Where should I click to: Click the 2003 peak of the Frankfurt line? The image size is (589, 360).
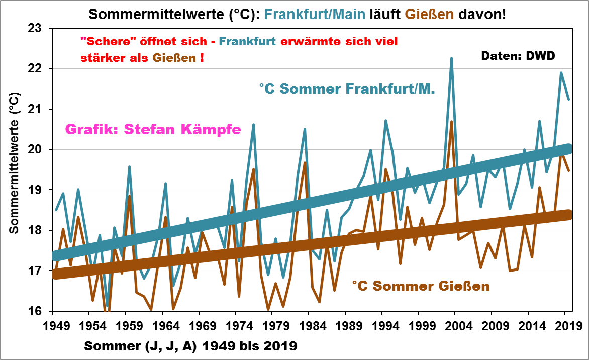point(451,58)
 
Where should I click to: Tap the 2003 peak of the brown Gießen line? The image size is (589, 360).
point(451,122)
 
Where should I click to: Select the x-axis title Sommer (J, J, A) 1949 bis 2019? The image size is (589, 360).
point(190,346)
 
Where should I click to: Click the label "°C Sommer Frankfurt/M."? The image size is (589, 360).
point(347,89)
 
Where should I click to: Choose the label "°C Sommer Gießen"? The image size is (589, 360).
point(420,287)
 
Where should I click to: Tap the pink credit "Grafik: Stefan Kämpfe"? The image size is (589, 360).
point(153,130)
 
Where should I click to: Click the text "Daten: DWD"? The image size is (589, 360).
point(518,56)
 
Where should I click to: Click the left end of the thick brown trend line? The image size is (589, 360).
point(55,275)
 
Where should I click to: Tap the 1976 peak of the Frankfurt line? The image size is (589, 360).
point(253,124)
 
